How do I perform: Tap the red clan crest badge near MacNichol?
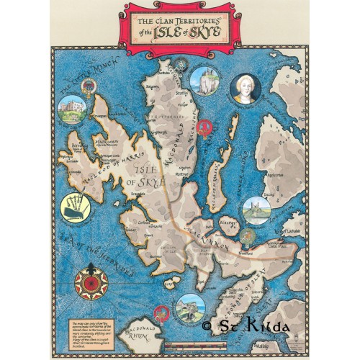click(207, 130)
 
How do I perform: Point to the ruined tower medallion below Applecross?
click(256, 210)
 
